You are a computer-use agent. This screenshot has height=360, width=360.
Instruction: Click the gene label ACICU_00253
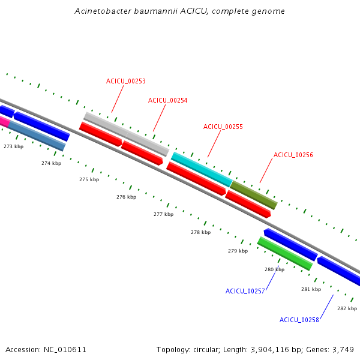(x=126, y=81)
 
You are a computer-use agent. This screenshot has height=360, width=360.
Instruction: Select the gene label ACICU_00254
(x=167, y=101)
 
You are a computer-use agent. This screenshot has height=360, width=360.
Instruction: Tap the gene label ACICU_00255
(x=223, y=127)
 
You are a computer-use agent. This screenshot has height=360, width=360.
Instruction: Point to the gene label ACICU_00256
(x=293, y=155)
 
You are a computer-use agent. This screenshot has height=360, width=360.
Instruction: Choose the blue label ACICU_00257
(x=245, y=291)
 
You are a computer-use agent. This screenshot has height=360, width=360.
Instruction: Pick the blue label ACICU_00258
(x=299, y=320)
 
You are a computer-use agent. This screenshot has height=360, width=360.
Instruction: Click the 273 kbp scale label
(x=14, y=146)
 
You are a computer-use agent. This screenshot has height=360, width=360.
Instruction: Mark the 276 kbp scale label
(x=126, y=197)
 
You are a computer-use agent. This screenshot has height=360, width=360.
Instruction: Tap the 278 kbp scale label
(x=200, y=232)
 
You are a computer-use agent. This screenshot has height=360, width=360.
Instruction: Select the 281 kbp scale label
(x=311, y=289)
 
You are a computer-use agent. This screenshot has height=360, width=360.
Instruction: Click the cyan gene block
(x=202, y=169)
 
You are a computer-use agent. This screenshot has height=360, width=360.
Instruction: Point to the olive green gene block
(x=254, y=195)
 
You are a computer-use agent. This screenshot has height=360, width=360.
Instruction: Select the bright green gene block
(x=285, y=254)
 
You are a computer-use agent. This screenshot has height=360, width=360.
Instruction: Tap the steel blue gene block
(x=37, y=136)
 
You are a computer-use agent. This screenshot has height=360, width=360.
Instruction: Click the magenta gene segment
(x=5, y=122)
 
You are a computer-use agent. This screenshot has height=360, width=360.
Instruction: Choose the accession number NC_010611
(x=65, y=350)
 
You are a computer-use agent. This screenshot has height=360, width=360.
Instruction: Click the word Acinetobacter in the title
(x=103, y=11)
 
